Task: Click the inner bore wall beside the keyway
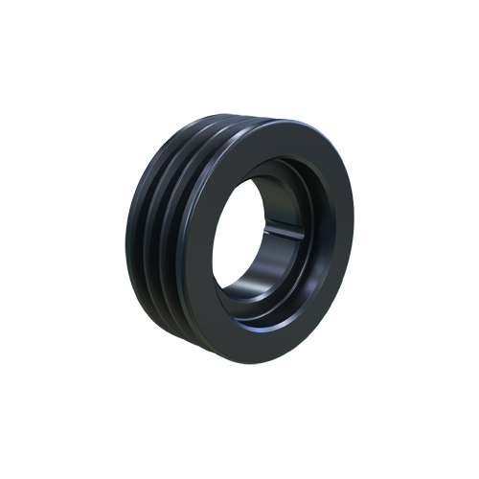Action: point(287,239)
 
